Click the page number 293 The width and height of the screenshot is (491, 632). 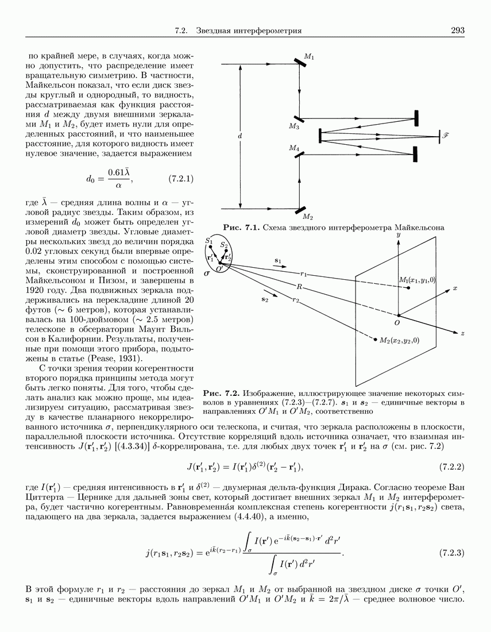pos(458,30)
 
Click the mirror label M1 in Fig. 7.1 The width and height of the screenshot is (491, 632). pos(309,57)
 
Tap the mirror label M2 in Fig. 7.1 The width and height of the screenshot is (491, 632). pos(308,217)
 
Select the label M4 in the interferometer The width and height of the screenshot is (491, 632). pos(294,148)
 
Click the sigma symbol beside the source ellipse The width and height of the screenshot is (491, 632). pos(207,275)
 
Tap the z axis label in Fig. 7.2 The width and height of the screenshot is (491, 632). pos(462,333)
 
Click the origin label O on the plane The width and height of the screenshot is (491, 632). pos(396,323)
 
